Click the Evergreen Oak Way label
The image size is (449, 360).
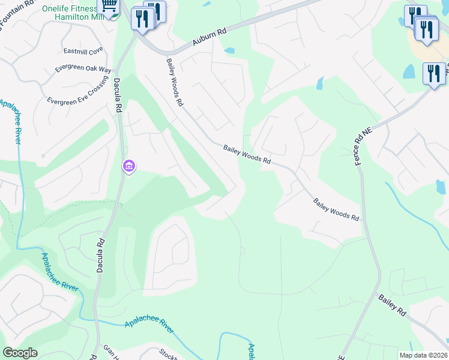[83, 69]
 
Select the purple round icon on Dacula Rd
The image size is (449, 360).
[128, 166]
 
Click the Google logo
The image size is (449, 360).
[20, 353]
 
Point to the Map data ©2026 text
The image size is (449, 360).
[423, 355]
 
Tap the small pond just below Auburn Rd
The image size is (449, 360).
[229, 51]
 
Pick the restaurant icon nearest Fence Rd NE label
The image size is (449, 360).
[433, 74]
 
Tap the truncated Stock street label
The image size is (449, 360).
[169, 355]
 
